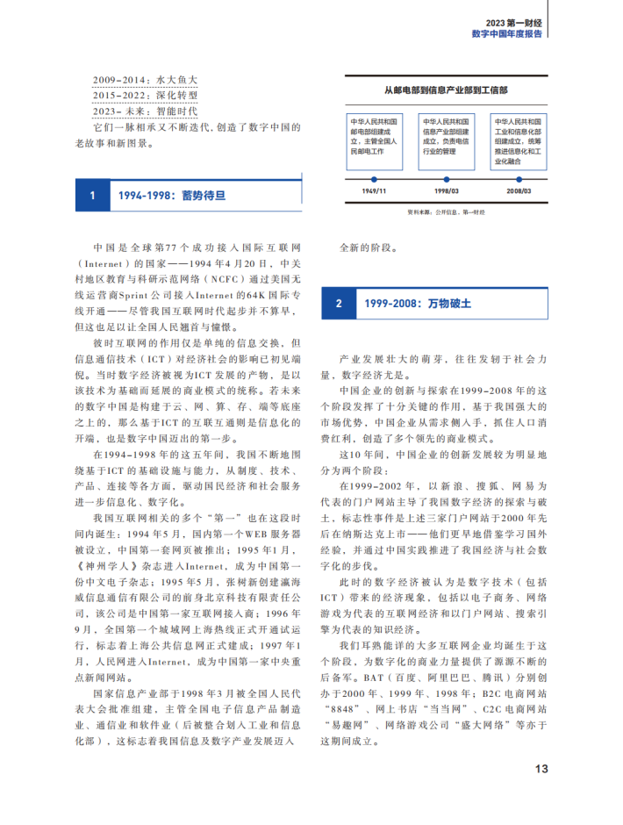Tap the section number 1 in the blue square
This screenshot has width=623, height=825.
coord(92,195)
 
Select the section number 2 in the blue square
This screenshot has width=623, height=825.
coord(339,304)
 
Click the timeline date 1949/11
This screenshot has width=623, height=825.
coord(373,190)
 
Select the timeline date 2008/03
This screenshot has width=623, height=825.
coord(519,190)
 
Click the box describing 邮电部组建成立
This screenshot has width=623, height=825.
coord(373,140)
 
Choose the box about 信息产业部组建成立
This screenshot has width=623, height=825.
coord(446,140)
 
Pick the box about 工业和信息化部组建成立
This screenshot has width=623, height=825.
coord(519,140)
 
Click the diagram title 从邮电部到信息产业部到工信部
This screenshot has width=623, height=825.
coord(446,90)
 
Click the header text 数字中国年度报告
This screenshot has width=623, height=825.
coord(506,34)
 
